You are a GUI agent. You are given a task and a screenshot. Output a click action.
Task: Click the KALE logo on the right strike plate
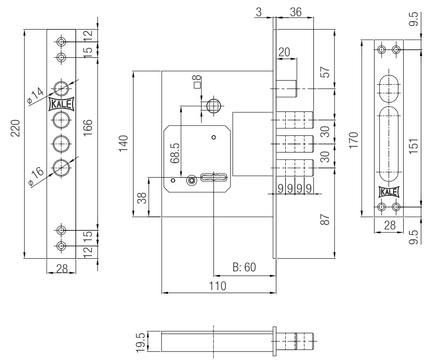pyautogui.click(x=389, y=192)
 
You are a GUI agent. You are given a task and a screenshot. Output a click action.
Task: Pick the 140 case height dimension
pyautogui.click(x=124, y=144)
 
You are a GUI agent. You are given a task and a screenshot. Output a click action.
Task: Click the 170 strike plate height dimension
pyautogui.click(x=355, y=140)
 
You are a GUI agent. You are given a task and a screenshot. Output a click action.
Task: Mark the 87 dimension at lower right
pyautogui.click(x=325, y=219)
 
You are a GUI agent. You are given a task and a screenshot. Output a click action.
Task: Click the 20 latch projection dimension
pyautogui.click(x=284, y=52)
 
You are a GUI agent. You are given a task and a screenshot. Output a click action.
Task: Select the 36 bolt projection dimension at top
pyautogui.click(x=295, y=13)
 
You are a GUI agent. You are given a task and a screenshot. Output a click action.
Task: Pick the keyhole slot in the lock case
pyautogui.click(x=213, y=177)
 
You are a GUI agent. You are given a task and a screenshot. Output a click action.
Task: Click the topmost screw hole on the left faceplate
pyautogui.click(x=62, y=42)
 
